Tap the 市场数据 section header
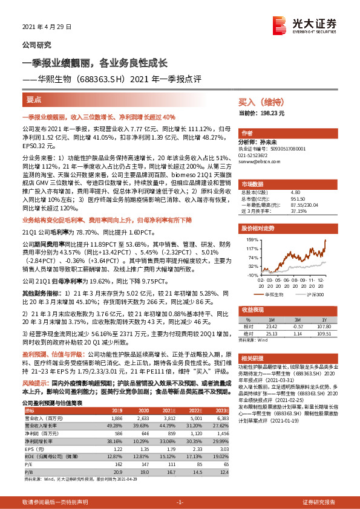(x=252, y=184)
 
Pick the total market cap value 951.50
(x=296, y=199)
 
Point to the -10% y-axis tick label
(x=252, y=274)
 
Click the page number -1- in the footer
(x=180, y=502)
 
